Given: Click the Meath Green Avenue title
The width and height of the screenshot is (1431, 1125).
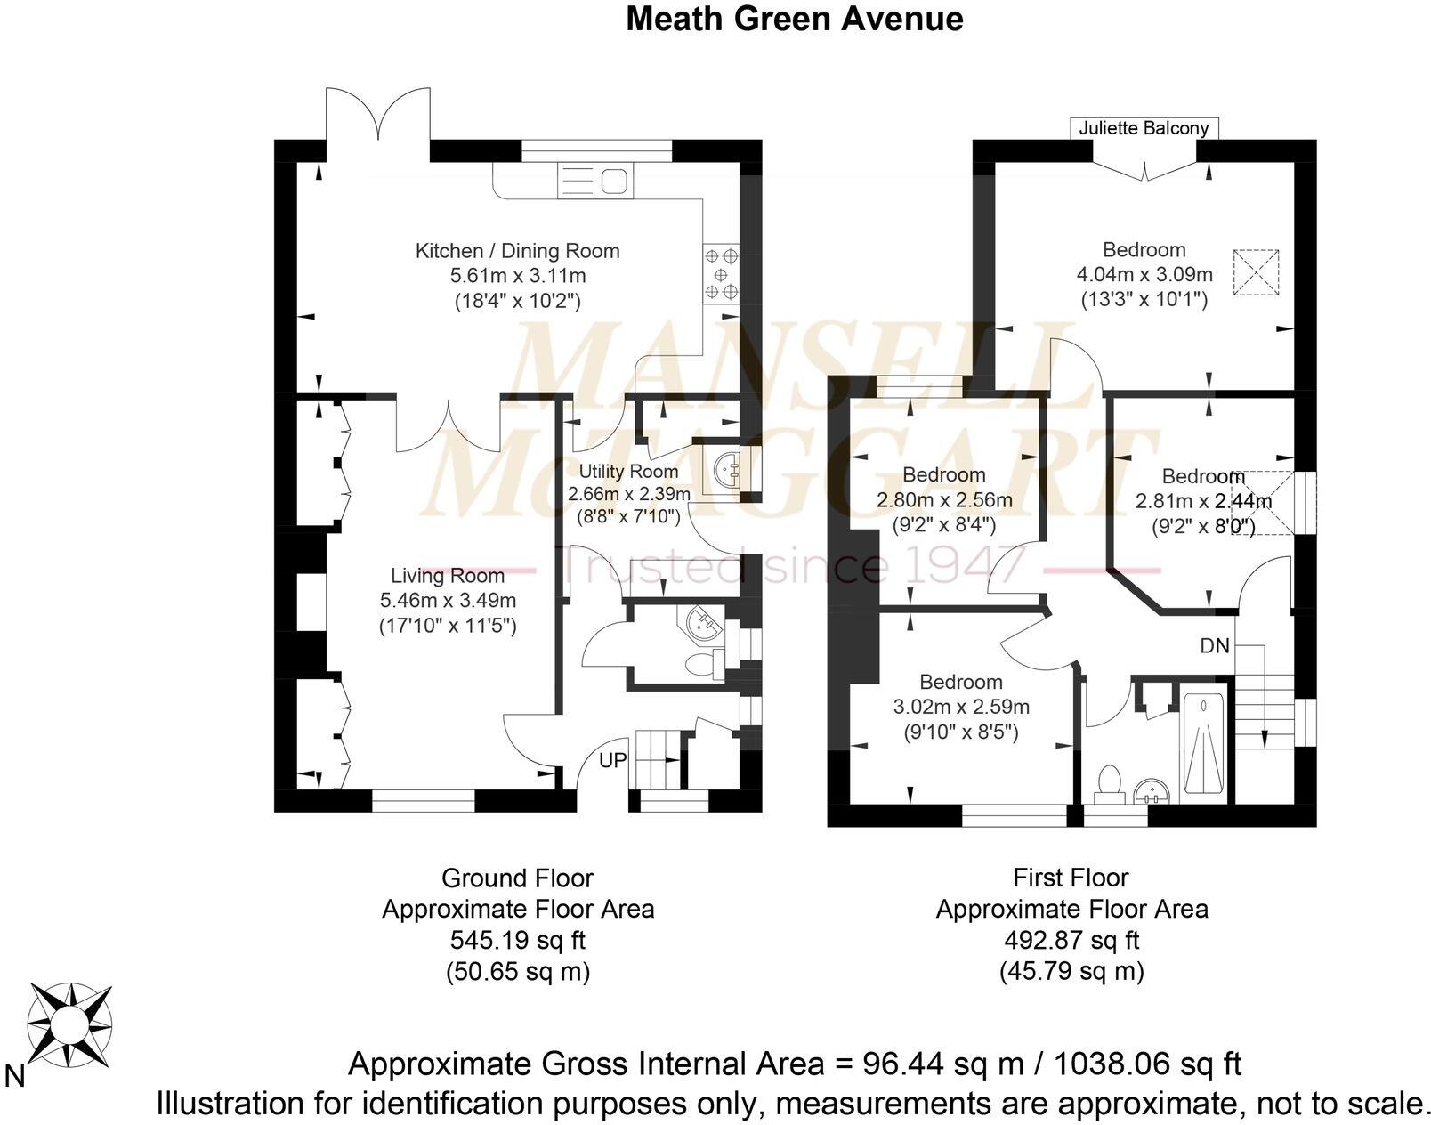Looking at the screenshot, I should click(794, 18).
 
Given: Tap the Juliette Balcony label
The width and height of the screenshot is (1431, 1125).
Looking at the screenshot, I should click(1144, 128).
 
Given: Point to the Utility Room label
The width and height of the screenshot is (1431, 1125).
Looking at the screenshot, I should click(628, 472).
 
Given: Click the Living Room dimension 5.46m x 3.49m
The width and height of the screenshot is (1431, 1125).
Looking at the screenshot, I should click(448, 601).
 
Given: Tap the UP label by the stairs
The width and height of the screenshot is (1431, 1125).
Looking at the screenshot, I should click(612, 760).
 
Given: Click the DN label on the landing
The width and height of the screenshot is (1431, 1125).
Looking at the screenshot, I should click(1214, 646).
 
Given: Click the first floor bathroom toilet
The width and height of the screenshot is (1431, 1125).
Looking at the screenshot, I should click(1109, 781).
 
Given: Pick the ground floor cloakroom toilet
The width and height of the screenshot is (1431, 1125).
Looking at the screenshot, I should click(703, 663).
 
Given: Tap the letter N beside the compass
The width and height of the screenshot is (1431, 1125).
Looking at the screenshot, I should click(14, 1077).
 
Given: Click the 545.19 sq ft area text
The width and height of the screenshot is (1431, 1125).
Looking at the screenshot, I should click(517, 940).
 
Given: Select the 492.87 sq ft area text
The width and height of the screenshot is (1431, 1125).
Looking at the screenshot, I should click(1071, 940).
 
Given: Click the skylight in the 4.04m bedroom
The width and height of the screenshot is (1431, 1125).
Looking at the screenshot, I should click(1255, 273).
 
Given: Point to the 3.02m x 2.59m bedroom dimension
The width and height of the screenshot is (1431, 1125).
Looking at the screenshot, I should click(961, 708).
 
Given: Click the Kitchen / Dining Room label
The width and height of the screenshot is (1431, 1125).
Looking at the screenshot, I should click(517, 251).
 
